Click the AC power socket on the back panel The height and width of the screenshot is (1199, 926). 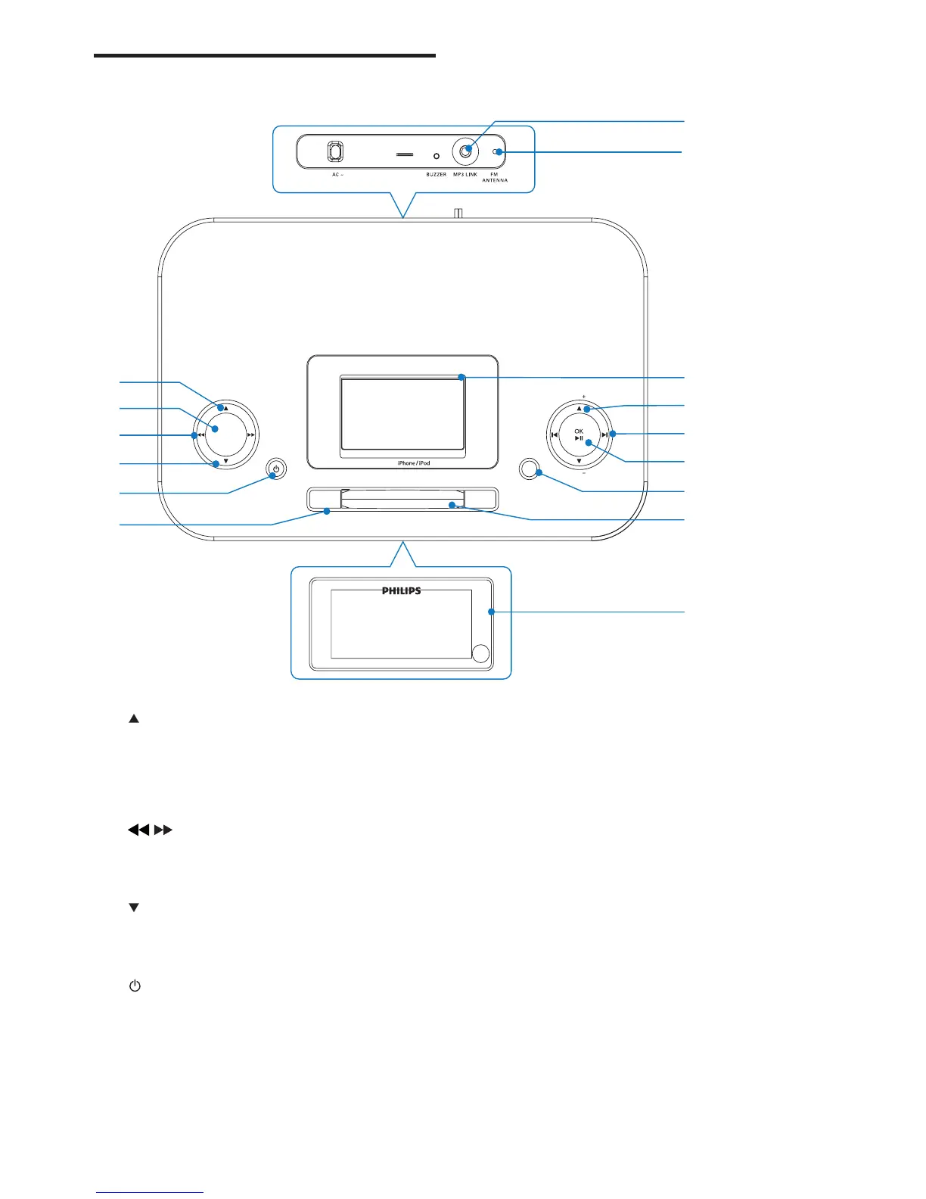335,152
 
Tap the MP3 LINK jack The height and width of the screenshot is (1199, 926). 465,151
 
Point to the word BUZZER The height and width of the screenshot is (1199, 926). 436,175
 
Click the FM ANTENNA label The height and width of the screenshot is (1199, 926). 495,177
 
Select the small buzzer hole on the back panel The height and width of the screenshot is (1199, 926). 436,156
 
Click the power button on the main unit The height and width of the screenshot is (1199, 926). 276,469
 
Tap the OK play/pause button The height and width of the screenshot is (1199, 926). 579,435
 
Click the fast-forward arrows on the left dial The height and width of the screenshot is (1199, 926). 250,435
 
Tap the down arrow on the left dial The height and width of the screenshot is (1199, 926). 225,461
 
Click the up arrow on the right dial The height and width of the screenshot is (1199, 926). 580,409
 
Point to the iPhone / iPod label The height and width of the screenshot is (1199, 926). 414,463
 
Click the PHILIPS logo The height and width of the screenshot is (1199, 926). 401,591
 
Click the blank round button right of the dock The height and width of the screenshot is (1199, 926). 529,469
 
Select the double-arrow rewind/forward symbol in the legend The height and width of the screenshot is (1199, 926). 150,830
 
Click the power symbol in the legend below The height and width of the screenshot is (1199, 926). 135,986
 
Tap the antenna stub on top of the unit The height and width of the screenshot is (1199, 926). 458,213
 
